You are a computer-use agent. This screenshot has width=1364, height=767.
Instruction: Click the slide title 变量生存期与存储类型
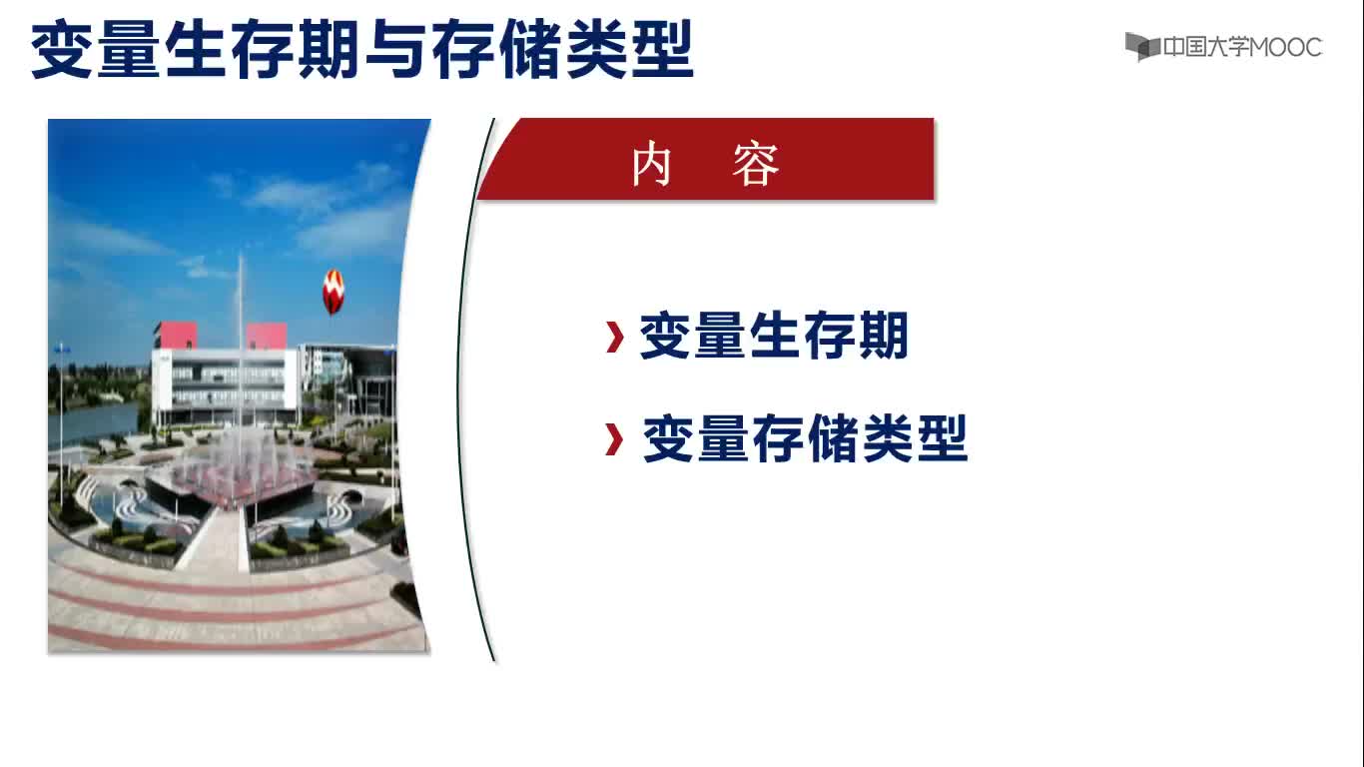361,49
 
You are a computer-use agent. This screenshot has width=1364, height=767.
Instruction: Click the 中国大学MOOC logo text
1242,47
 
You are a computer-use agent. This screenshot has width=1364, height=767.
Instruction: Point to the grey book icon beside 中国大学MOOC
1141,46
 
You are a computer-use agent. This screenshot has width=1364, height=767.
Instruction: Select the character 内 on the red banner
651,164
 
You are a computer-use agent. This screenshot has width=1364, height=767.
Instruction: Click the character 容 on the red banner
755,164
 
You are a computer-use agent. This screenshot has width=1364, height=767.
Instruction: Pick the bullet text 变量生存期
774,336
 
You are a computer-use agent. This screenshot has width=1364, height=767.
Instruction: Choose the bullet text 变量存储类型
805,438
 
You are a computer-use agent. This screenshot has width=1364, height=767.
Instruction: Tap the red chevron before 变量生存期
615,337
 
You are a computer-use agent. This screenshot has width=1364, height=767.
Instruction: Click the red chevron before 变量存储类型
614,439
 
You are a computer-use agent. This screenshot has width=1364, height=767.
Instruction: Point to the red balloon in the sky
334,292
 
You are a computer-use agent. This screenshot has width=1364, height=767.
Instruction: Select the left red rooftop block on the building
176,336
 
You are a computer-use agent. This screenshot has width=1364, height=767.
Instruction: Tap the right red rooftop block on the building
266,337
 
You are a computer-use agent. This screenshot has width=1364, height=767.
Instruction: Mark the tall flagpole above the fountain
241,342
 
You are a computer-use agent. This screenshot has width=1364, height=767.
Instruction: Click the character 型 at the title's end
662,49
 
